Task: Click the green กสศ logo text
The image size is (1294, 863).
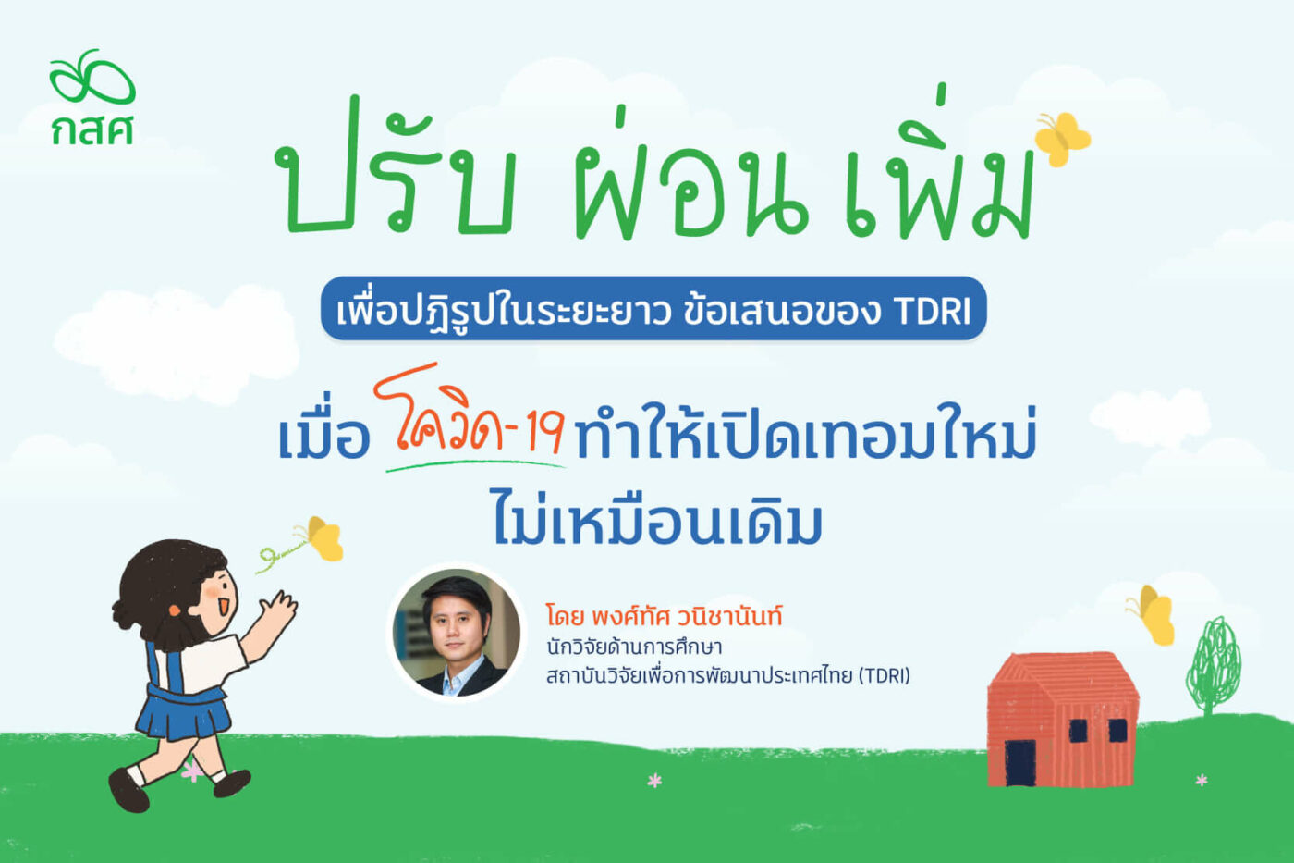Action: click(x=92, y=129)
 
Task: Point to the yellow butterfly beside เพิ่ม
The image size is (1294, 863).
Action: click(x=1062, y=139)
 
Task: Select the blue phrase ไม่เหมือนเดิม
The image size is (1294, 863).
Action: click(x=658, y=517)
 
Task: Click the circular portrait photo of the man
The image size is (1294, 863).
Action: click(x=457, y=633)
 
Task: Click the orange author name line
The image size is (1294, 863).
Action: click(x=664, y=615)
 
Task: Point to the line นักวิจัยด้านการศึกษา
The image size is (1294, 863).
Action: click(x=634, y=647)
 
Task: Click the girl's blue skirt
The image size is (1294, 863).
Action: click(x=184, y=713)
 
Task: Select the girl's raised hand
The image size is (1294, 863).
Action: click(x=279, y=606)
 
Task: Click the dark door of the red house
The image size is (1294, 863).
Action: click(x=1020, y=762)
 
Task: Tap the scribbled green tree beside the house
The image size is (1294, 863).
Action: click(x=1213, y=665)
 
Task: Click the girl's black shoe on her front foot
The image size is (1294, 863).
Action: click(x=232, y=783)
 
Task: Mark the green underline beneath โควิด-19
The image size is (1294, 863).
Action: click(x=475, y=464)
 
